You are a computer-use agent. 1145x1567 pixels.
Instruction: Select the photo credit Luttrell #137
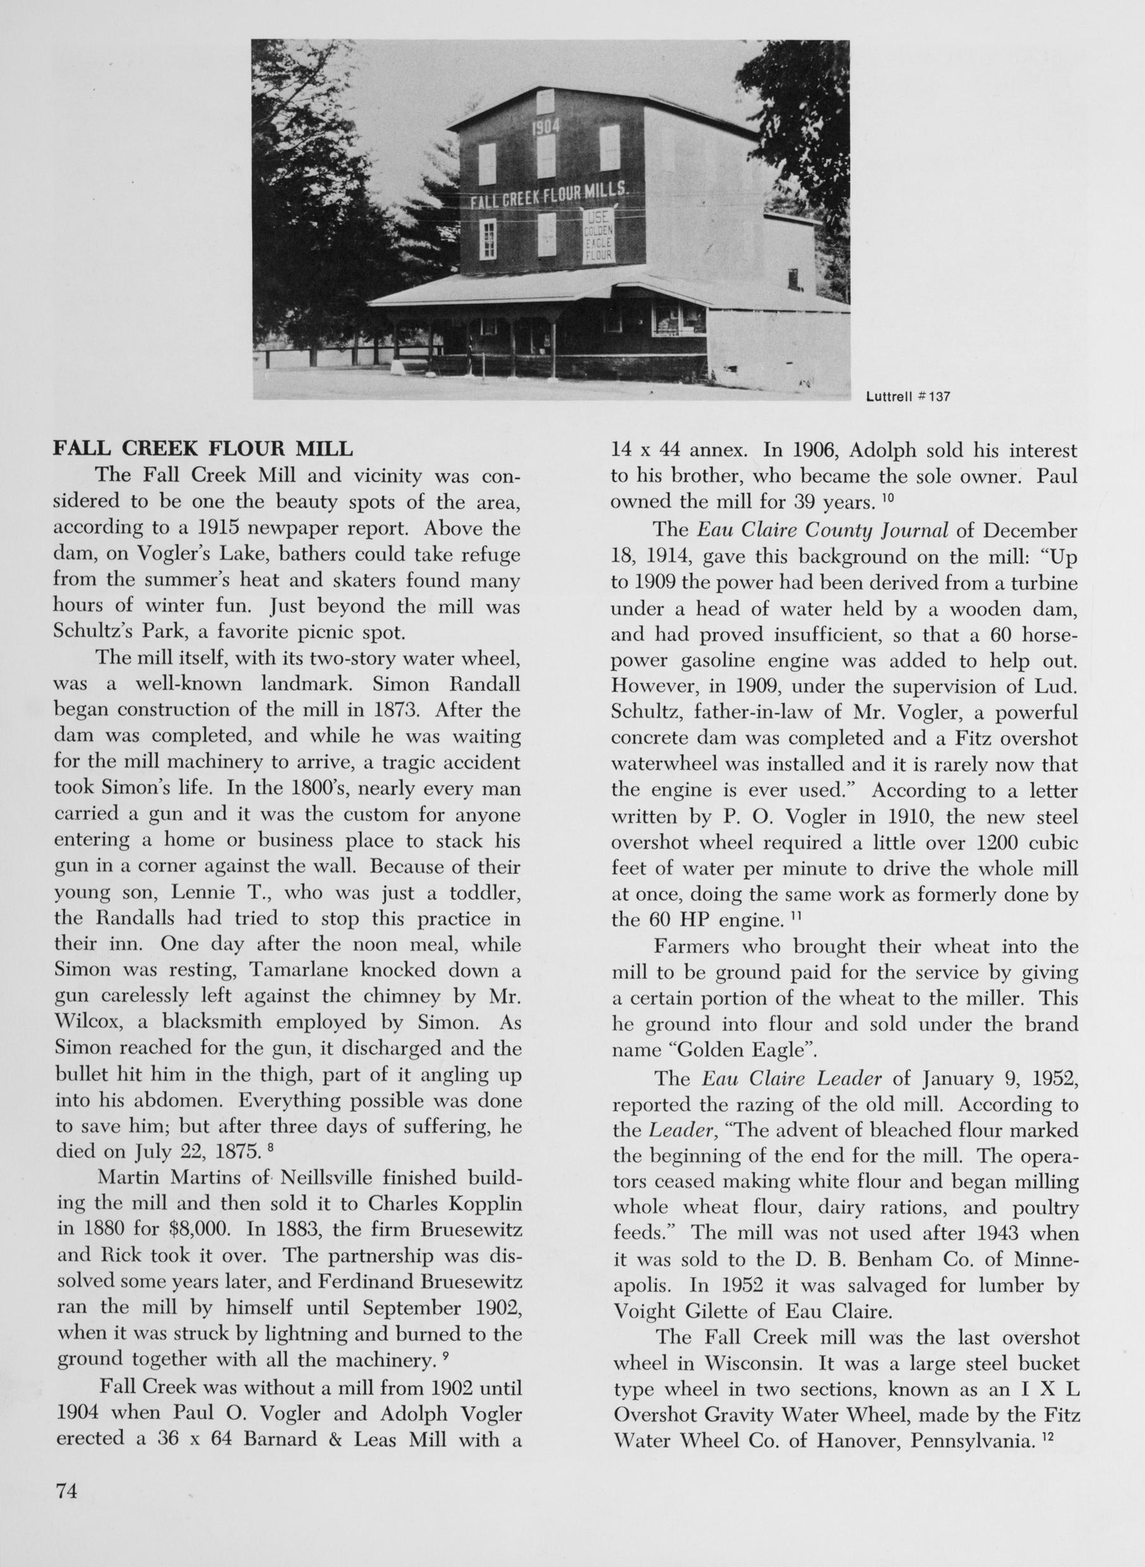coord(908,397)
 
